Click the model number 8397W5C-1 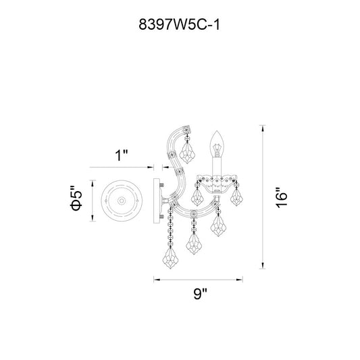179,24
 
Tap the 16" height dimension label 281,198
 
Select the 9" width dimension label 200,293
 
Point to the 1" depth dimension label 121,155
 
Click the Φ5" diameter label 76,198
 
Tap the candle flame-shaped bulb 217,144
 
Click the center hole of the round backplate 122,201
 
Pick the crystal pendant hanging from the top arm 187,153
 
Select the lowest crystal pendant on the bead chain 170,259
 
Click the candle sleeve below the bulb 217,167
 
